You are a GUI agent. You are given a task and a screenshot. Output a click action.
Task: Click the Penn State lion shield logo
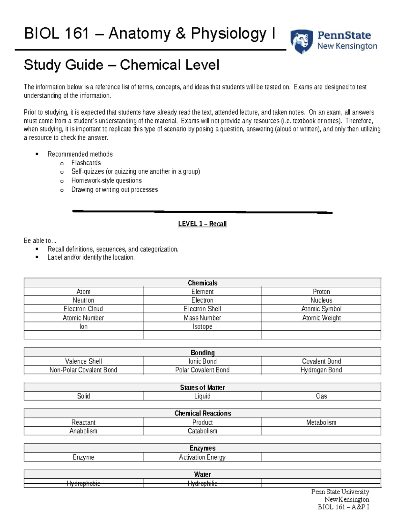pyautogui.click(x=301, y=41)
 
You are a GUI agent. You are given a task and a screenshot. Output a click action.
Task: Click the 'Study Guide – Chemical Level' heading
pyautogui.click(x=122, y=65)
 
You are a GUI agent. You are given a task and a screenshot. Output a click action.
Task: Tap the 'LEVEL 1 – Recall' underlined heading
pyautogui.click(x=202, y=224)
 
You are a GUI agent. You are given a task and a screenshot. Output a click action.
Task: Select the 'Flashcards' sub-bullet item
pyautogui.click(x=86, y=163)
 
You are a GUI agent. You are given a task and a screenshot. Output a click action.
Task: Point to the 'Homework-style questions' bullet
pyautogui.click(x=106, y=181)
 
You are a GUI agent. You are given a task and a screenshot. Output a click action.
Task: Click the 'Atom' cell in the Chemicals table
pyautogui.click(x=83, y=291)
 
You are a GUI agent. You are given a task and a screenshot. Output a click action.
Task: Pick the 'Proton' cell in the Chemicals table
pyautogui.click(x=321, y=291)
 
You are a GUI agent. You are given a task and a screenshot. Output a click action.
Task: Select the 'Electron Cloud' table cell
pyautogui.click(x=83, y=309)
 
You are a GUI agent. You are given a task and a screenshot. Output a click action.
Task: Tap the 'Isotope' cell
pyautogui.click(x=202, y=327)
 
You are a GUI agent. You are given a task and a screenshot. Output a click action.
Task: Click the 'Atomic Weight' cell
pyautogui.click(x=321, y=318)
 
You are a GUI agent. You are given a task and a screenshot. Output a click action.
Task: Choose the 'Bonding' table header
pyautogui.click(x=202, y=353)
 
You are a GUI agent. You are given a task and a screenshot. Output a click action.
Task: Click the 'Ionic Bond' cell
pyautogui.click(x=202, y=361)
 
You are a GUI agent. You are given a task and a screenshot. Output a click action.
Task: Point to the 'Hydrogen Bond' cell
pyautogui.click(x=321, y=370)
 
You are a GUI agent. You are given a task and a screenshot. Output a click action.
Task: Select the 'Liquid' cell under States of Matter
pyautogui.click(x=202, y=396)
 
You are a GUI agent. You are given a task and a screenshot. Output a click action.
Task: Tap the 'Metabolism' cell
pyautogui.click(x=321, y=422)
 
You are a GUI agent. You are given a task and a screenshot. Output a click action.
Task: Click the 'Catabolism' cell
pyautogui.click(x=202, y=431)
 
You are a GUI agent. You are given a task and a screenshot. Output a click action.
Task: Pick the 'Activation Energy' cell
pyautogui.click(x=202, y=457)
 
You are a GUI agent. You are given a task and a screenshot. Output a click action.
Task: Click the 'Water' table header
pyautogui.click(x=202, y=474)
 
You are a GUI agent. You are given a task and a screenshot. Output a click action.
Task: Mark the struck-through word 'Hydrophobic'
pyautogui.click(x=83, y=484)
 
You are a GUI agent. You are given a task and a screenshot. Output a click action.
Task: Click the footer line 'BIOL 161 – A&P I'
pyautogui.click(x=343, y=507)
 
